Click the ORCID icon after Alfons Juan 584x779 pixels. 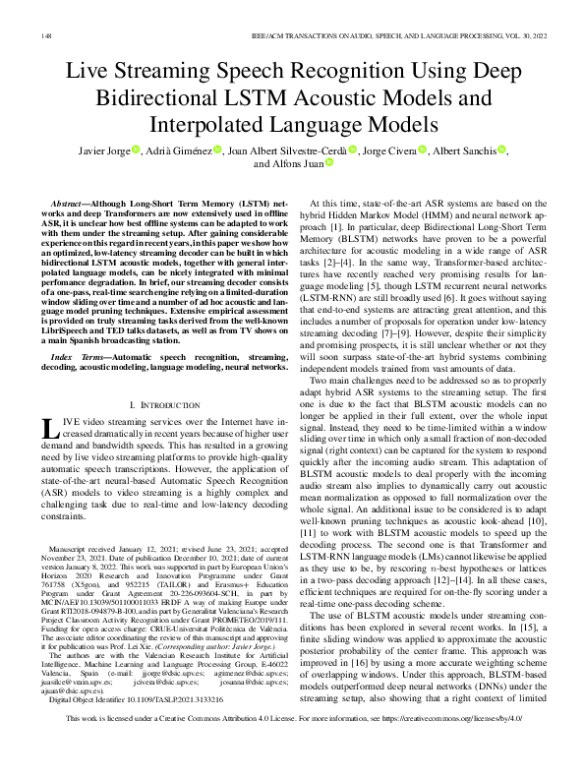click(331, 164)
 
